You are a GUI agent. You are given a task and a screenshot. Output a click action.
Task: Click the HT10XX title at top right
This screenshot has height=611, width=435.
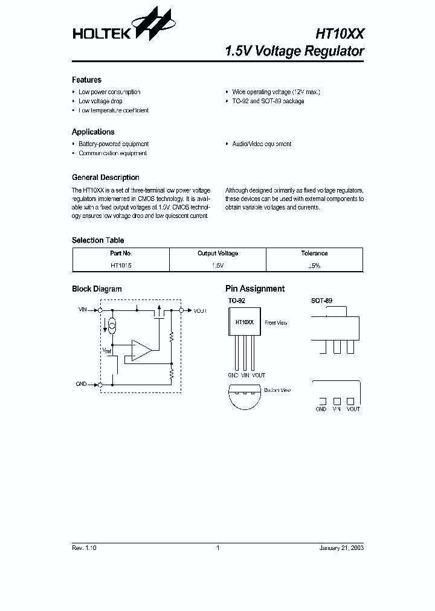pyautogui.click(x=340, y=33)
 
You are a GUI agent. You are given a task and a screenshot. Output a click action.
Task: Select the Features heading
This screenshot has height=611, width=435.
pyautogui.click(x=86, y=80)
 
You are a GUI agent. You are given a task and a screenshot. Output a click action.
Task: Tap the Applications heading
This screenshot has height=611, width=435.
pyautogui.click(x=93, y=132)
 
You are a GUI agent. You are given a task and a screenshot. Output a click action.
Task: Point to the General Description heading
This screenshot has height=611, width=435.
pyautogui.click(x=105, y=178)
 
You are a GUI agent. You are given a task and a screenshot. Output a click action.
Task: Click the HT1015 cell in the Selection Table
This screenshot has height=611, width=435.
pyautogui.click(x=121, y=265)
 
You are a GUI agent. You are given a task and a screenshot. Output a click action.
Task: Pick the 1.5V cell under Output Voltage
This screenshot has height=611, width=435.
pyautogui.click(x=217, y=265)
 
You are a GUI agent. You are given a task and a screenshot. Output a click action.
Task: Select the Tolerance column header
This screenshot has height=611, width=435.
pyautogui.click(x=314, y=254)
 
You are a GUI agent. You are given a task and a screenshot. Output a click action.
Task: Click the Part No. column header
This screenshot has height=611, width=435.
pyautogui.click(x=121, y=254)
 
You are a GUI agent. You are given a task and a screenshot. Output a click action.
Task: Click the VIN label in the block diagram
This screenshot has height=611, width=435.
pyautogui.click(x=83, y=309)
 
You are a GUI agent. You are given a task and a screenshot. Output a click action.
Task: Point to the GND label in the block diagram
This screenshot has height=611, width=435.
pyautogui.click(x=82, y=384)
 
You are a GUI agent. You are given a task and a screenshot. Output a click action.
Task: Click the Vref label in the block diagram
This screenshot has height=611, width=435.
pyautogui.click(x=106, y=350)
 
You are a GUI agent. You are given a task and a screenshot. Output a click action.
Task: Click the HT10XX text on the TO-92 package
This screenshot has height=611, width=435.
pyautogui.click(x=244, y=323)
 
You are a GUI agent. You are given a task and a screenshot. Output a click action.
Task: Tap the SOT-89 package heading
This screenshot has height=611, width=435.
pyautogui.click(x=321, y=300)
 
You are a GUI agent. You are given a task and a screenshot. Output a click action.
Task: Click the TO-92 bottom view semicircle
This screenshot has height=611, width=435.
pyautogui.click(x=244, y=397)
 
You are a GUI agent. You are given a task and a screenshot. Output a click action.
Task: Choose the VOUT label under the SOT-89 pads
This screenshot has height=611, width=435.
pyautogui.click(x=353, y=409)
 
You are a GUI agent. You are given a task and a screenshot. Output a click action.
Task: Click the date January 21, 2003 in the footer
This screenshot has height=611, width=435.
pyautogui.click(x=341, y=548)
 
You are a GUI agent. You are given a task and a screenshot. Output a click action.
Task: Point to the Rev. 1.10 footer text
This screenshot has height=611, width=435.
pyautogui.click(x=84, y=548)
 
